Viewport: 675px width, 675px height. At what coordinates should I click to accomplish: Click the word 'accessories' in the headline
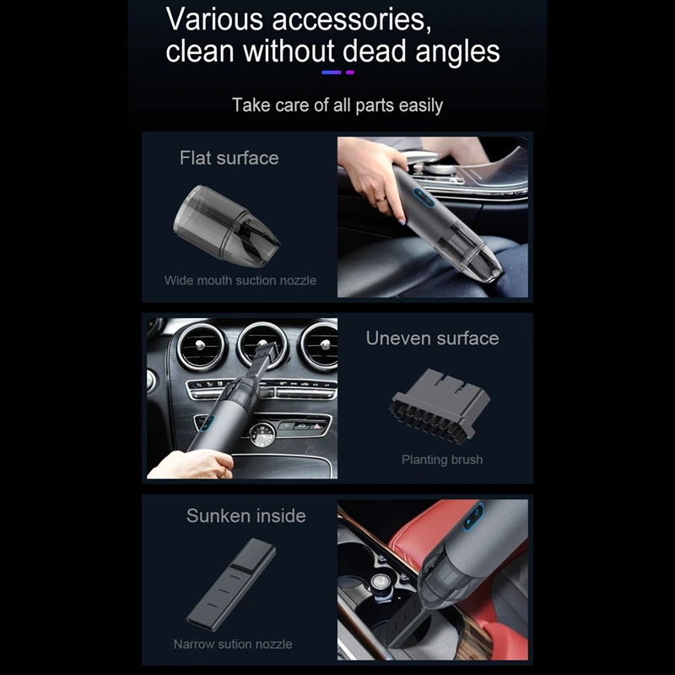(x=351, y=19)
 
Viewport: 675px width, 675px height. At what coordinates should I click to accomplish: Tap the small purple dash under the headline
(x=350, y=73)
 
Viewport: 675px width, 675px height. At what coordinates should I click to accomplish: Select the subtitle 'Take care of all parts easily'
(x=337, y=105)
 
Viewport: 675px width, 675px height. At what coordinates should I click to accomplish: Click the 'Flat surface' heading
(x=229, y=158)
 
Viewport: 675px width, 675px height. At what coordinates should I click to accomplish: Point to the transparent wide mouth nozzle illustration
(x=226, y=226)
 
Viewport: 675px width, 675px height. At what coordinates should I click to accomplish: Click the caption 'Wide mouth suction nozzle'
(x=240, y=281)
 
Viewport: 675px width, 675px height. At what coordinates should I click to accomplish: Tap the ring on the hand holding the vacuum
(x=381, y=199)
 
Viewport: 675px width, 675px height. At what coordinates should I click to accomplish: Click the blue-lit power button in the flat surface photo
(x=424, y=198)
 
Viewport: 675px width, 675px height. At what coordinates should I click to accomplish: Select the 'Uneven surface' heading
(x=432, y=338)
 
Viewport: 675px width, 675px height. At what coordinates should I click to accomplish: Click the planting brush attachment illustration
(x=440, y=406)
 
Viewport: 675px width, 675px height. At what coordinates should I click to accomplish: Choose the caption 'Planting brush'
(x=442, y=460)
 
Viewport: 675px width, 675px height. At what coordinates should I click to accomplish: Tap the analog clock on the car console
(x=262, y=435)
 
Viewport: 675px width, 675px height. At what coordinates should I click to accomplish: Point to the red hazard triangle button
(x=317, y=426)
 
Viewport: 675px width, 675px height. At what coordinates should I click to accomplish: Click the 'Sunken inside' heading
(x=246, y=516)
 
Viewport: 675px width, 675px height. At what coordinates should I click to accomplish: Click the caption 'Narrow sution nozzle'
(x=233, y=644)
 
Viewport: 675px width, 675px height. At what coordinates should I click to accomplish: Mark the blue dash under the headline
(x=331, y=73)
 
